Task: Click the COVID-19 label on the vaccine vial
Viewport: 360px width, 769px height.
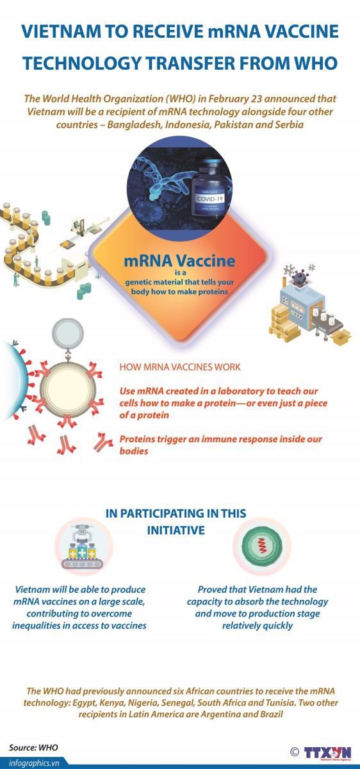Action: point(209,199)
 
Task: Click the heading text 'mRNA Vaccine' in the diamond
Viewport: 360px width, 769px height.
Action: point(179,261)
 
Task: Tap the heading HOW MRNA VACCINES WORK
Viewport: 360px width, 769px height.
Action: point(180,367)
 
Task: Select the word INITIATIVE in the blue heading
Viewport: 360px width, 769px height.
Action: point(176,531)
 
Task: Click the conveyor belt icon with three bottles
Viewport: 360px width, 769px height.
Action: point(83,547)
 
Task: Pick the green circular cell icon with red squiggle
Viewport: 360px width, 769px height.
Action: point(262,545)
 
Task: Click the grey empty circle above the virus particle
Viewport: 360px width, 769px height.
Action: point(68,334)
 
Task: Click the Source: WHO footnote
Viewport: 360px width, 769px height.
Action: point(34,747)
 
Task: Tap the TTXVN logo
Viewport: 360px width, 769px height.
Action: point(328,754)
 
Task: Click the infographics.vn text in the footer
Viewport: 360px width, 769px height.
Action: point(34,763)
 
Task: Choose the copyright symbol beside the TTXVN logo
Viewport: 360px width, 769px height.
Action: point(295,752)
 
